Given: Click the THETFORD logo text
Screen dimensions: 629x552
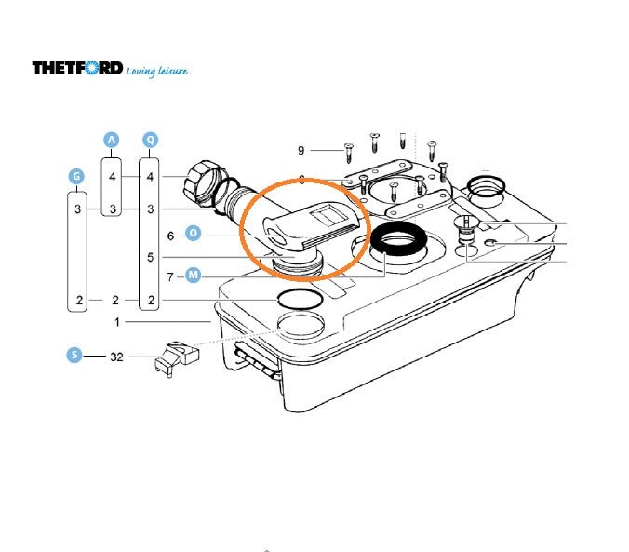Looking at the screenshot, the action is point(77,68).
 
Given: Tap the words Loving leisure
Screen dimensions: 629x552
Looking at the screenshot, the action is point(156,71).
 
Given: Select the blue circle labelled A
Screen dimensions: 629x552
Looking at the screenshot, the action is point(111,141).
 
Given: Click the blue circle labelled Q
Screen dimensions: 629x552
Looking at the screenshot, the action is point(150,141).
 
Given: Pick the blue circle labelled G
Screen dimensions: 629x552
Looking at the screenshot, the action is point(76,176).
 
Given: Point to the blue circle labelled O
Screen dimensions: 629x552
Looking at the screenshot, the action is point(193,234).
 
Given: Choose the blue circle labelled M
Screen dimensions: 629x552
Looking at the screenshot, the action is point(193,275).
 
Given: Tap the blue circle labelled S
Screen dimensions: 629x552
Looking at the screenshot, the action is point(74,355).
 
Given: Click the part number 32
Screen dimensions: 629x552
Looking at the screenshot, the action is point(116,357).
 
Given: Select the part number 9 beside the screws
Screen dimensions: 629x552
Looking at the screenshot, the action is point(301,151).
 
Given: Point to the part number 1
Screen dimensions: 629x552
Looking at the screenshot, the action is point(117,322).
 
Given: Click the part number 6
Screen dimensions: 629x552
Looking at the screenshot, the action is point(170,236).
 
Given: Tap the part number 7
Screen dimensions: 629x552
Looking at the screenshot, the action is point(170,277).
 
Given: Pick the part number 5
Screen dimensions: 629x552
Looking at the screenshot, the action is point(150,257).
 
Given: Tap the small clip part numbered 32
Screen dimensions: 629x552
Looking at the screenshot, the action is point(177,358).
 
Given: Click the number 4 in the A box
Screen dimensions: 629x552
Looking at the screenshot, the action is point(113,177).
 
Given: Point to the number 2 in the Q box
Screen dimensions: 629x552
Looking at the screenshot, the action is point(151,301).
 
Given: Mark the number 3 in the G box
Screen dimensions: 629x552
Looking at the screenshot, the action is point(77,209).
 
